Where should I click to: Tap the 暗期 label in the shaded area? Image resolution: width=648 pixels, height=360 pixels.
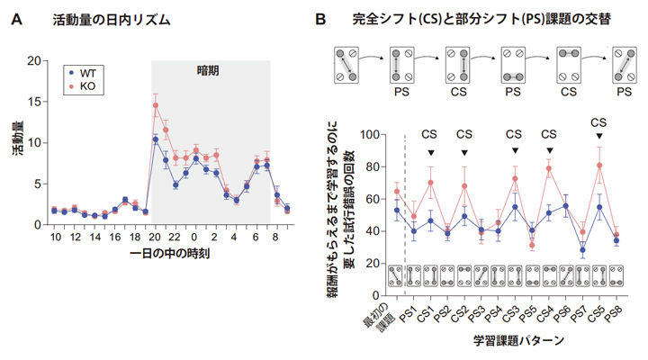(x=210, y=69)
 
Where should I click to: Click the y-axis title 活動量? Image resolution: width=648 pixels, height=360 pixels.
(x=15, y=144)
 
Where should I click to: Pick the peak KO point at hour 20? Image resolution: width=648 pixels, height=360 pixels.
(x=156, y=105)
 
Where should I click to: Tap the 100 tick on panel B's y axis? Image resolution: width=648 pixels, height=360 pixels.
(x=368, y=135)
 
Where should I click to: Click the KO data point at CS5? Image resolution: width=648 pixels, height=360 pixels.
(x=599, y=166)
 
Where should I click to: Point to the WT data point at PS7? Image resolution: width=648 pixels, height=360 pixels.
(x=582, y=250)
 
